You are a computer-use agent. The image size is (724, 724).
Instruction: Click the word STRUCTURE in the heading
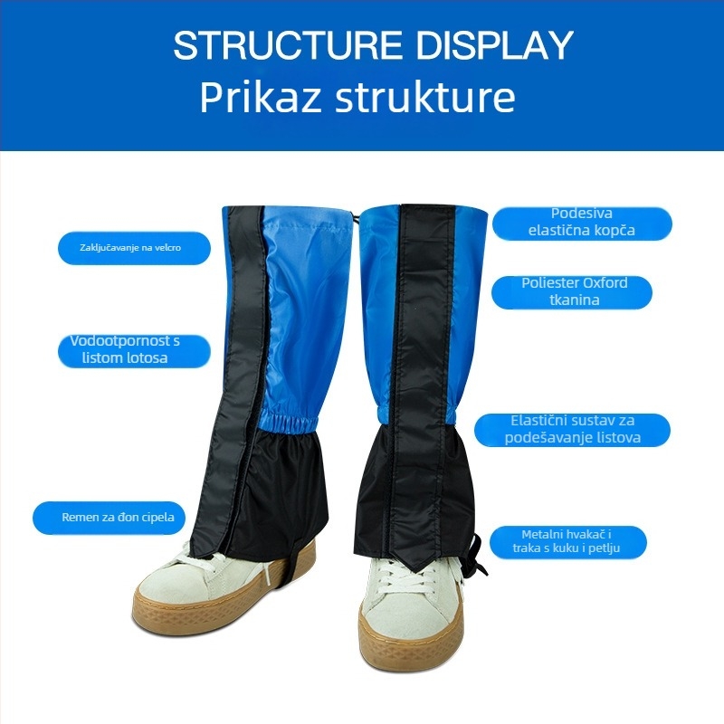coord(288,44)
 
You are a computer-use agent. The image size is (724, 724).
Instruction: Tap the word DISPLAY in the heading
coord(494,44)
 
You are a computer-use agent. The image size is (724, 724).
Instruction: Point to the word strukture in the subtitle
coord(424,97)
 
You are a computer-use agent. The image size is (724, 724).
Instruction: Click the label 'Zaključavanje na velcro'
coord(130,248)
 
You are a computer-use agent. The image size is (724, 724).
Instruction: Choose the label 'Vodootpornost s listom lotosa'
coord(125,349)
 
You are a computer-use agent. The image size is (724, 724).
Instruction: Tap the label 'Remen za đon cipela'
coord(119,517)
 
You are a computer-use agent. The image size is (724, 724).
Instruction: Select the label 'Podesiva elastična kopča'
coord(581,222)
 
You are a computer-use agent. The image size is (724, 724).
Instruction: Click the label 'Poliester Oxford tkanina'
coord(575,291)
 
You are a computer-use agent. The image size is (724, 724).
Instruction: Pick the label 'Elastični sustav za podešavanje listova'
coord(573,429)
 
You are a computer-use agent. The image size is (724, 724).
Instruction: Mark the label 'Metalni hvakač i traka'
coord(567,541)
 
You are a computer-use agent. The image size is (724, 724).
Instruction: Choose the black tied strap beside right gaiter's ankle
coord(479,555)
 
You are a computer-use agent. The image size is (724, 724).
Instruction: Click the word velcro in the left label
coord(167,248)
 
